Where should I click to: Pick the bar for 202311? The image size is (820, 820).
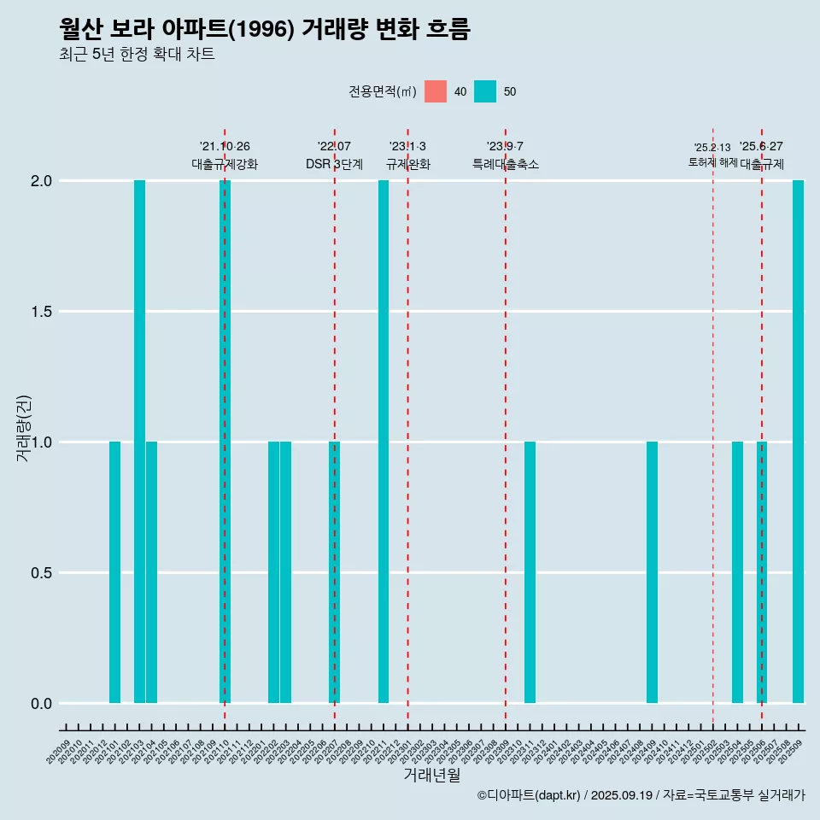coord(530,572)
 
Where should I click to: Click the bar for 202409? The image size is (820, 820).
coord(652,572)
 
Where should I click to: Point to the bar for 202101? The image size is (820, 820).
coord(114,572)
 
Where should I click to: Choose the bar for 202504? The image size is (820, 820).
coord(737,572)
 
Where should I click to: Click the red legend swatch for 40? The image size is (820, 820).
coord(436,91)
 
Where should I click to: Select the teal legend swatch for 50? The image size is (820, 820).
coord(485,91)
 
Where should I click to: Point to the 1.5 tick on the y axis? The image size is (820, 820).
coord(41,312)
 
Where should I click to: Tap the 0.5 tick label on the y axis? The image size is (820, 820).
coord(41,573)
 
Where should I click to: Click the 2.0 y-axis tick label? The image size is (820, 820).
coord(41,181)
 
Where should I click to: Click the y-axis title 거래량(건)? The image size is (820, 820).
coord(24,427)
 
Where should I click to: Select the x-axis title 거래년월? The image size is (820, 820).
coord(431,776)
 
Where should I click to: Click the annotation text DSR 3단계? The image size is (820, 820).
coord(334,164)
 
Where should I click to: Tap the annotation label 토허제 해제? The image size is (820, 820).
coord(712,162)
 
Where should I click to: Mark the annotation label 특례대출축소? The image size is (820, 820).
coord(506,164)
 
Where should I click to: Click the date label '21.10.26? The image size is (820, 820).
coord(225,147)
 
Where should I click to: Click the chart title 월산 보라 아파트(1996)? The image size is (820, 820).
coord(265,29)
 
